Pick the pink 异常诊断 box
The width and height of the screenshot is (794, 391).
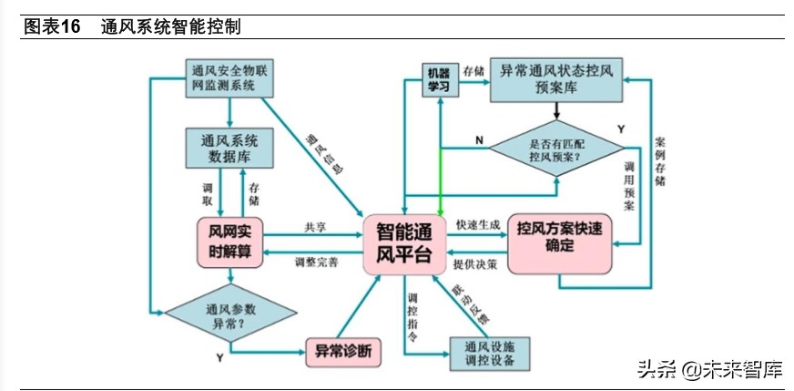tap(342, 350)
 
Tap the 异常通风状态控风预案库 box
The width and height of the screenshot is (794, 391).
tap(555, 80)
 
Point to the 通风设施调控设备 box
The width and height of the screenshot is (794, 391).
tap(490, 353)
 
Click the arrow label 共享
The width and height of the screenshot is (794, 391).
tap(315, 227)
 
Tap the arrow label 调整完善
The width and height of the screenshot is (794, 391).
tap(316, 262)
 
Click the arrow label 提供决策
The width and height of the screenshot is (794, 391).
tap(474, 263)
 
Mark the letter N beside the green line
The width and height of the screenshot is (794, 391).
tap(478, 139)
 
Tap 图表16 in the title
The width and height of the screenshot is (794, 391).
tap(53, 27)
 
